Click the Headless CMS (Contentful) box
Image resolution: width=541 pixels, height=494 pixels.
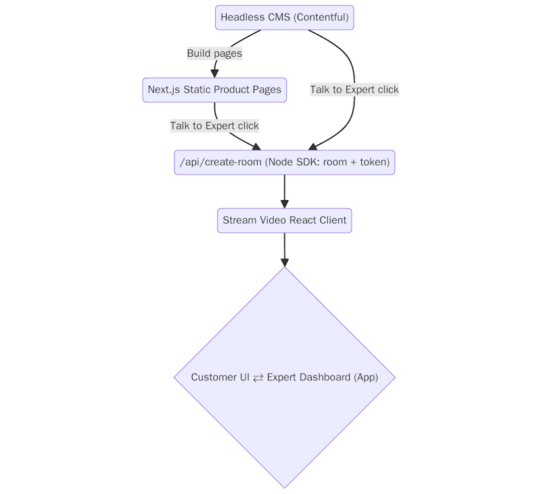tap(284, 18)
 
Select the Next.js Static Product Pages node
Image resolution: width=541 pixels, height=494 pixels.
tap(214, 90)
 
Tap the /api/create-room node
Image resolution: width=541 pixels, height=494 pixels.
tap(284, 162)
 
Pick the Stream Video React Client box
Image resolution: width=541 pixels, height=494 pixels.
tap(284, 221)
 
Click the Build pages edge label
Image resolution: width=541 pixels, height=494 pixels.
tap(214, 53)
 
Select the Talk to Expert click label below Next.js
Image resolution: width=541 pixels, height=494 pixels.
tap(214, 126)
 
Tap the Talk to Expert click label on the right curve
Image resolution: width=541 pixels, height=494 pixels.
tap(354, 89)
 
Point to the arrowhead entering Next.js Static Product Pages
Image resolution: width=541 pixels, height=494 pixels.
tap(214, 73)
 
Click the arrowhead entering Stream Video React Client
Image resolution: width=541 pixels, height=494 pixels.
tap(284, 204)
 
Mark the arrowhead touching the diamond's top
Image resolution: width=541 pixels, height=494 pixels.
tap(285, 262)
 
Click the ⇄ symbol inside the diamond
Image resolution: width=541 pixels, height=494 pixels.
tap(258, 378)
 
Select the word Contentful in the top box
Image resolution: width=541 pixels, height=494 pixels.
tap(321, 18)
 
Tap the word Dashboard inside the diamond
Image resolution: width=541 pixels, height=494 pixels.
tap(327, 378)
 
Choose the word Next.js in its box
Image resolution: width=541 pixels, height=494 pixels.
tap(164, 90)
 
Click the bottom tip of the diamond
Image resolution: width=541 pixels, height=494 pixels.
tap(285, 487)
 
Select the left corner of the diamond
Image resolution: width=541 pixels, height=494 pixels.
tap(176, 377)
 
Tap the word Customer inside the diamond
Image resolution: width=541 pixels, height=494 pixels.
tap(214, 378)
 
